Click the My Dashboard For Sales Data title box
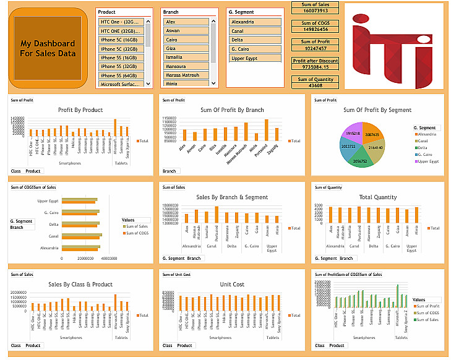(x=48, y=48)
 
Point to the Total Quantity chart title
(x=377, y=197)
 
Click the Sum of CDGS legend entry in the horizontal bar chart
(x=136, y=233)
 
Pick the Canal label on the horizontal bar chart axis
(x=53, y=236)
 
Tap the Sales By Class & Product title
(x=80, y=285)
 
